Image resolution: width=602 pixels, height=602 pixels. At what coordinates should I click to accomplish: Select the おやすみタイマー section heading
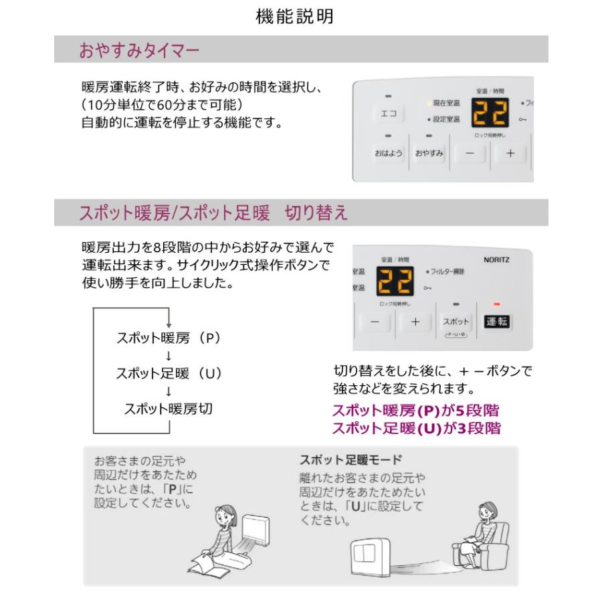(x=139, y=50)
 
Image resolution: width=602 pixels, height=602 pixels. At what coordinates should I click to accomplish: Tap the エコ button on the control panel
(x=388, y=114)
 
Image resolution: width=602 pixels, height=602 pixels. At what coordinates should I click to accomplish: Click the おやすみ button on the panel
(x=429, y=153)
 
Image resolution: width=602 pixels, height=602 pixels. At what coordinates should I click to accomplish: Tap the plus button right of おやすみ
(x=510, y=153)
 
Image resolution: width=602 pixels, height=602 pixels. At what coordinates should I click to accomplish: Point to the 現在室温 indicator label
(x=445, y=103)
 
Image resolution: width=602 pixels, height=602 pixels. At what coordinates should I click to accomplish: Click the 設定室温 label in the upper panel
(x=445, y=120)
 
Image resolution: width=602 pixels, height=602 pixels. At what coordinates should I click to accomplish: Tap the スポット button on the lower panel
(x=456, y=322)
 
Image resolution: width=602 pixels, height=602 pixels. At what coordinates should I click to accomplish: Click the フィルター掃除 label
(x=447, y=272)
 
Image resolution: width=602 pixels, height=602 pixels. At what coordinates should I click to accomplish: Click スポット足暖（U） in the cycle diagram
(x=169, y=373)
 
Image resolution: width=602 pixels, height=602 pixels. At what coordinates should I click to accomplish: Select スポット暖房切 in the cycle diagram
(x=169, y=408)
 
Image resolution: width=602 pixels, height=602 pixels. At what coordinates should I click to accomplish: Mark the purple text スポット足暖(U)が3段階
(x=416, y=429)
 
